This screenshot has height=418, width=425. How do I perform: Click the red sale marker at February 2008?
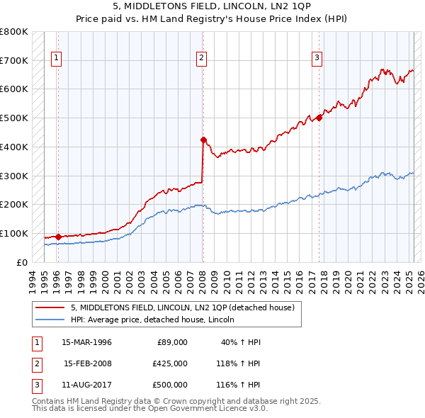[203, 140]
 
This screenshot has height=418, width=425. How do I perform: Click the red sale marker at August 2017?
[319, 118]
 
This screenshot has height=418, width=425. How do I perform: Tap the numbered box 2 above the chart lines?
[201, 58]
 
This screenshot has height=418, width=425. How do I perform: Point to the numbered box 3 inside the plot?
[317, 58]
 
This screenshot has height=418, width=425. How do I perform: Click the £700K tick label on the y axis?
[14, 60]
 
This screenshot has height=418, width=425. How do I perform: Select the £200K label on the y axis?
[14, 204]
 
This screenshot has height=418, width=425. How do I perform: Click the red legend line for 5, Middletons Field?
[49, 307]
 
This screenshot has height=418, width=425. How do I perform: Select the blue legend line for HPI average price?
[49, 320]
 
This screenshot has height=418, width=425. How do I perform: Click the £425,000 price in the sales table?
[170, 363]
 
